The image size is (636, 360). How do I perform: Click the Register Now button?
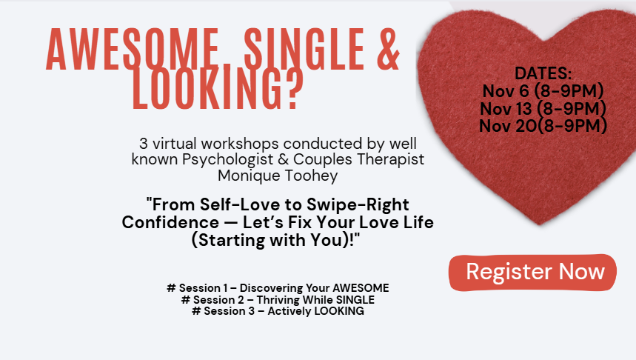[532, 273]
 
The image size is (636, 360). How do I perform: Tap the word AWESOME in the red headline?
[133, 49]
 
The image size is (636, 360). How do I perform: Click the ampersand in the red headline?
[388, 49]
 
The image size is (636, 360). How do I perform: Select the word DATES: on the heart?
[543, 73]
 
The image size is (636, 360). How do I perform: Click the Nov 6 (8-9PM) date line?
[543, 91]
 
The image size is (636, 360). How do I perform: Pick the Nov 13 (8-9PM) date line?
[543, 108]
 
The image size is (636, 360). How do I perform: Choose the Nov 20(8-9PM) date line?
[543, 126]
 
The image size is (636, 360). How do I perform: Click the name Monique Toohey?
[278, 176]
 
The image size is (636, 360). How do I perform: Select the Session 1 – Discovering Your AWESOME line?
[278, 287]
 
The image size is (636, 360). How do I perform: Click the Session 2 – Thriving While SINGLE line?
[278, 299]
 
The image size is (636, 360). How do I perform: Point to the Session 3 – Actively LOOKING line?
[278, 311]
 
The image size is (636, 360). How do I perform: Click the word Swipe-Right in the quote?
[358, 204]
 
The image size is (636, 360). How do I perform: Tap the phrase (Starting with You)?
[276, 240]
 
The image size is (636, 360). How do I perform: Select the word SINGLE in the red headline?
[304, 49]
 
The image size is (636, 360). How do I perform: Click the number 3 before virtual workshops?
[144, 144]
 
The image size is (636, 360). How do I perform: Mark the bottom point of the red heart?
[540, 224]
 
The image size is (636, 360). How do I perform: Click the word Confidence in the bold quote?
[170, 222]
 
